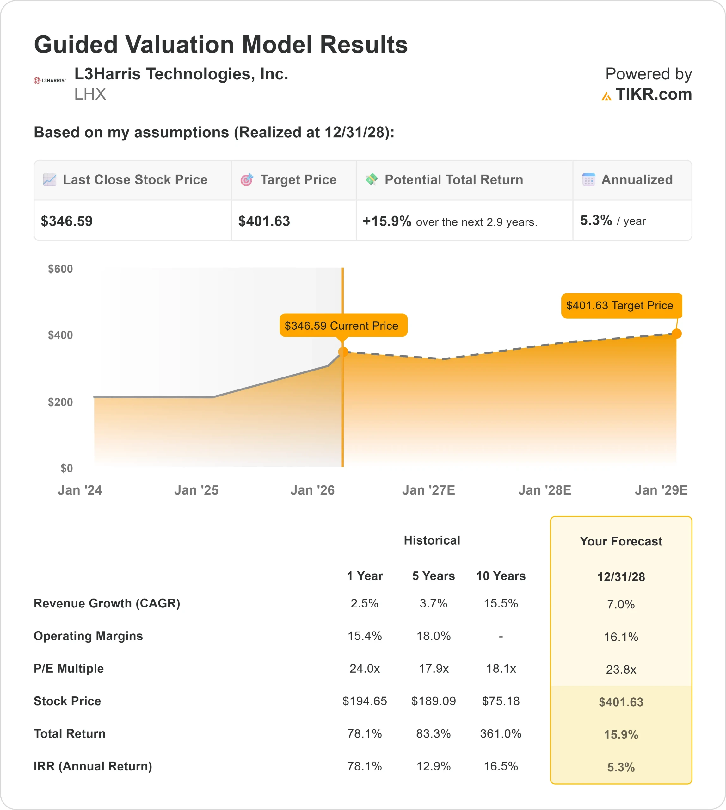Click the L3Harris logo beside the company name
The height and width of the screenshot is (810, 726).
(x=49, y=81)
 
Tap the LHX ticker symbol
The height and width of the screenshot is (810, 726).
(x=90, y=94)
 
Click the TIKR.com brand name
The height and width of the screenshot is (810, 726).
(x=653, y=95)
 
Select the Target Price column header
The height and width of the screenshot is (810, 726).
(x=298, y=180)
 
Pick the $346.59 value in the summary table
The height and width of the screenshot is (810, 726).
(x=67, y=221)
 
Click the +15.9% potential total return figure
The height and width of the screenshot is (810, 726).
(x=386, y=221)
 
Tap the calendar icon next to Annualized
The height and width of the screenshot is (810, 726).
(x=588, y=180)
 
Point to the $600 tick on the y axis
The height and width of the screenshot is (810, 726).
(x=60, y=269)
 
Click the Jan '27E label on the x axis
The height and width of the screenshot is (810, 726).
(x=428, y=490)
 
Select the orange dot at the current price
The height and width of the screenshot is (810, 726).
(x=343, y=352)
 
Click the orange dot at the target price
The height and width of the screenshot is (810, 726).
(x=677, y=333)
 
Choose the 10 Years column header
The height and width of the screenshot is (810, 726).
(x=501, y=576)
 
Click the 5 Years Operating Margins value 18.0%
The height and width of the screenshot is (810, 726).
(x=434, y=636)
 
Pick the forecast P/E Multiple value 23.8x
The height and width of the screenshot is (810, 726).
(x=621, y=670)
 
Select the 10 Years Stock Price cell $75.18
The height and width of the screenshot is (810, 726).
(x=501, y=701)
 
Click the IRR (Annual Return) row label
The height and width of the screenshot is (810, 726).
(x=93, y=766)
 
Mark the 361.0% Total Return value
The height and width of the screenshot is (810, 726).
(x=501, y=734)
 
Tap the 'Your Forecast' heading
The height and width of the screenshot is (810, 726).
(x=621, y=541)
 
